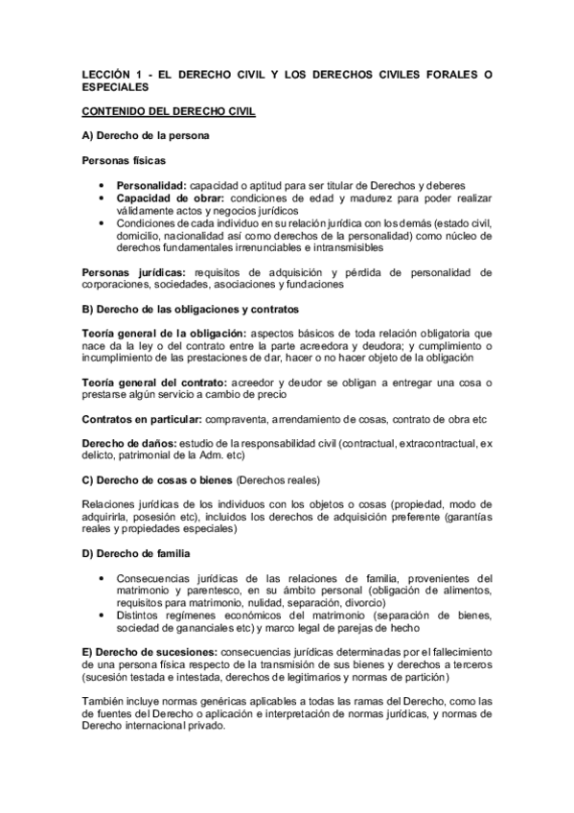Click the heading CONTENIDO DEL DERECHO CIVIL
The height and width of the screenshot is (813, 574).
click(167, 112)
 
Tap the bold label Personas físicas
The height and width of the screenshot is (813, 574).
click(119, 162)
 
